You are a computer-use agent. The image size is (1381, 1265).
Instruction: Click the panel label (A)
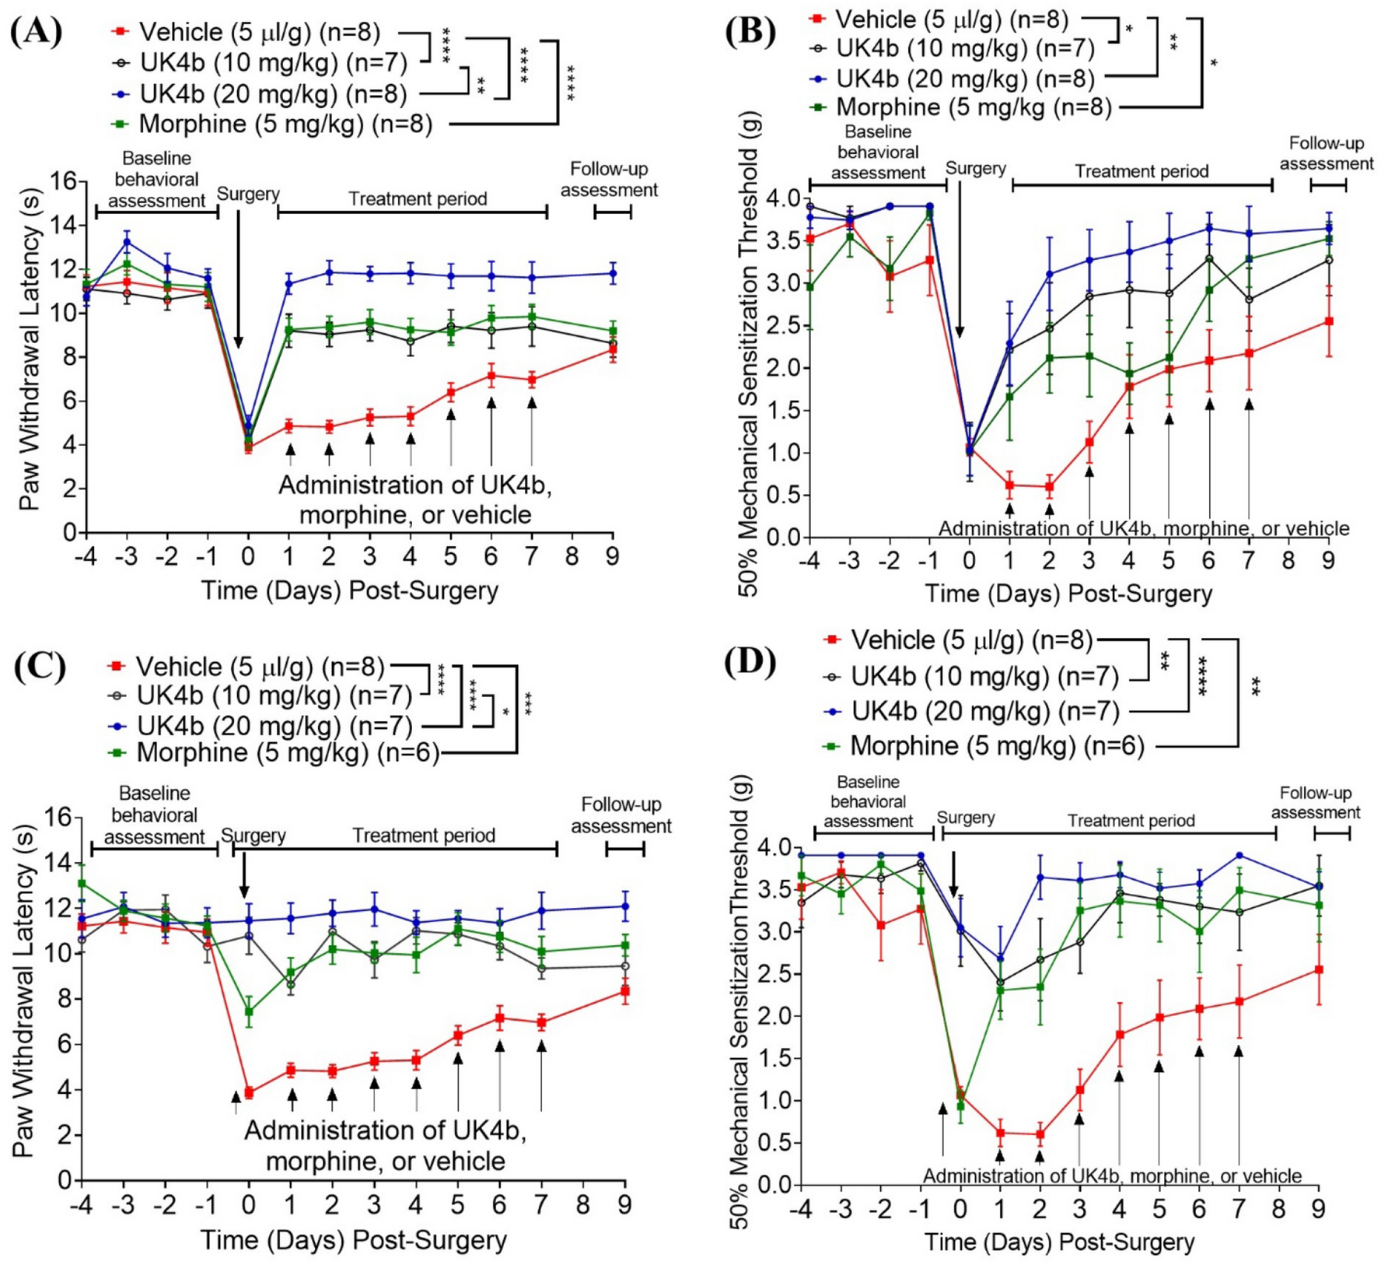click(36, 33)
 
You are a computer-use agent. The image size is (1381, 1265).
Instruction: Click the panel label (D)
click(749, 663)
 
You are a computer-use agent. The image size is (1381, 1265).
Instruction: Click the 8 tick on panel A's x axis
click(572, 556)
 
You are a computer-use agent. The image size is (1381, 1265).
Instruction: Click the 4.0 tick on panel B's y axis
click(781, 198)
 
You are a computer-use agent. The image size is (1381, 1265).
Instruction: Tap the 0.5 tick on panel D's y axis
click(773, 1144)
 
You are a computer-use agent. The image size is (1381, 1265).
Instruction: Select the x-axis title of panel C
click(354, 1239)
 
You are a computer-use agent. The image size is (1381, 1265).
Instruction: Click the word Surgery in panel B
click(975, 169)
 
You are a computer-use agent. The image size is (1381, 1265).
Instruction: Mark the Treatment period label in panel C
click(424, 836)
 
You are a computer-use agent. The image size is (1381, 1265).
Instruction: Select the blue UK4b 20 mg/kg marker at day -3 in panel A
click(127, 242)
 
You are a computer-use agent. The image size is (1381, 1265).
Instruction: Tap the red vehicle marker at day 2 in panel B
click(1049, 487)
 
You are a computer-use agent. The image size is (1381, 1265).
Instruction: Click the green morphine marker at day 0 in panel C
click(249, 1011)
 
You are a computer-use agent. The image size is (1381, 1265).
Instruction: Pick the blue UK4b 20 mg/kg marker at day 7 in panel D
click(1239, 856)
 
